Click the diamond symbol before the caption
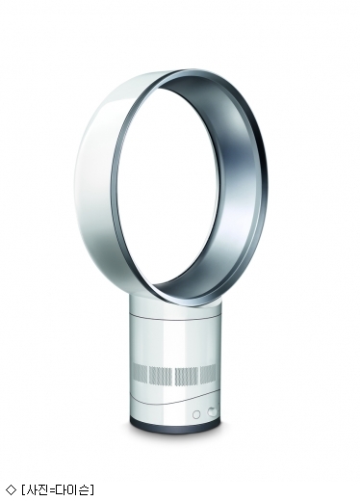tap(12, 489)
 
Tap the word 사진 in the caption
tap(38, 489)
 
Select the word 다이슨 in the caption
tap(73, 489)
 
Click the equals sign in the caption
tap(52, 489)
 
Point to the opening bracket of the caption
tap(24, 489)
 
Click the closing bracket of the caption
tap(91, 489)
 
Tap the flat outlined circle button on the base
tap(196, 414)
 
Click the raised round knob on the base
tap(212, 411)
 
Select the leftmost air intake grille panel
tap(140, 373)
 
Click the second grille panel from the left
tap(162, 375)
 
